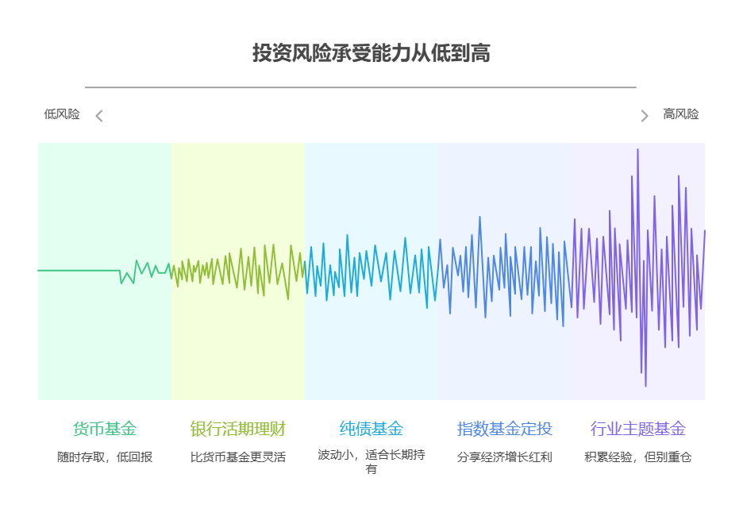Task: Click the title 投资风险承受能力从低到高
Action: tap(371, 53)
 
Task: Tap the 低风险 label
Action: tap(62, 114)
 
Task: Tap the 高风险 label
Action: tap(681, 114)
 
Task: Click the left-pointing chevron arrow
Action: tap(99, 116)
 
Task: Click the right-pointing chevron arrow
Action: tap(645, 116)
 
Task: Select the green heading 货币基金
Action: tap(105, 429)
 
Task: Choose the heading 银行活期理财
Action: tap(238, 429)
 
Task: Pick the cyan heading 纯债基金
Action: tap(371, 429)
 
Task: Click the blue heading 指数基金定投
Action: tap(505, 429)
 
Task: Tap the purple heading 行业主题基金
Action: tap(638, 429)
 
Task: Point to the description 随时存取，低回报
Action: tap(105, 457)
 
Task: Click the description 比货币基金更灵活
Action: tap(238, 457)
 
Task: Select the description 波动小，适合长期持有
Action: tap(371, 462)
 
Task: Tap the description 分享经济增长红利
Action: tap(505, 457)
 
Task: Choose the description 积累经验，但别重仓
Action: tap(638, 457)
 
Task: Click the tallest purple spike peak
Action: tap(637, 150)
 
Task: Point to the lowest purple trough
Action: tap(645, 385)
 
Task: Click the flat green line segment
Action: tap(79, 271)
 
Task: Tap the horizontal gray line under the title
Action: tap(360, 87)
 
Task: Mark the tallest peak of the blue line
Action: tap(479, 218)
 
